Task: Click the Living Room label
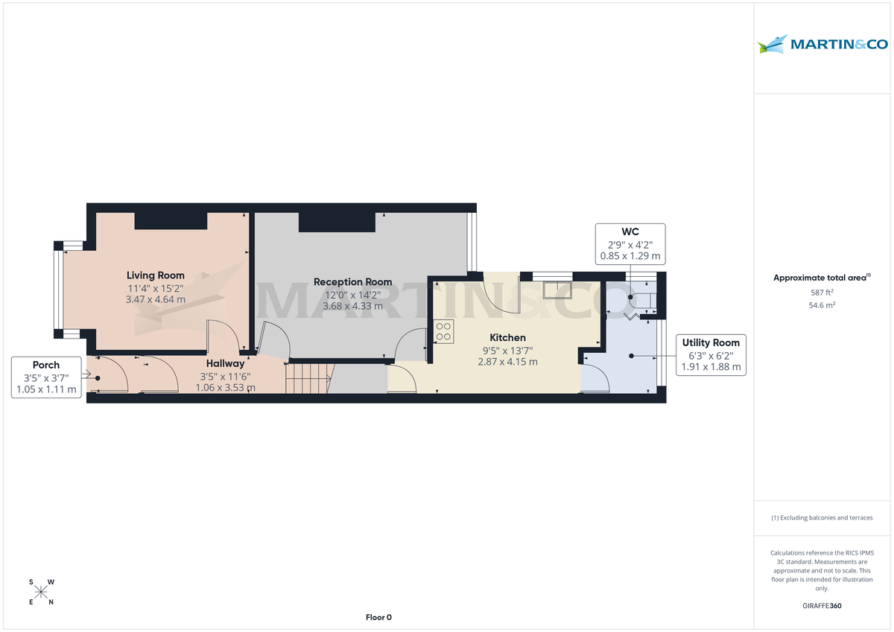(x=155, y=275)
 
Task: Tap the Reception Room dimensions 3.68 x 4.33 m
(x=352, y=306)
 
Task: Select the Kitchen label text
(x=507, y=337)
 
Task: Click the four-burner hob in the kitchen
(x=443, y=331)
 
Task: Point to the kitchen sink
(x=557, y=290)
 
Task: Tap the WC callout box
(x=630, y=243)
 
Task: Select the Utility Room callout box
(x=711, y=354)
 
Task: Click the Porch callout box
(x=46, y=377)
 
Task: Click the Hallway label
(x=225, y=363)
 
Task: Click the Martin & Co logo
(x=822, y=44)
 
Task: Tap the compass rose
(x=41, y=592)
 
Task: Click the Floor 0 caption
(x=378, y=617)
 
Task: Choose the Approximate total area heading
(x=821, y=278)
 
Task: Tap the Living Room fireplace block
(x=171, y=220)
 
